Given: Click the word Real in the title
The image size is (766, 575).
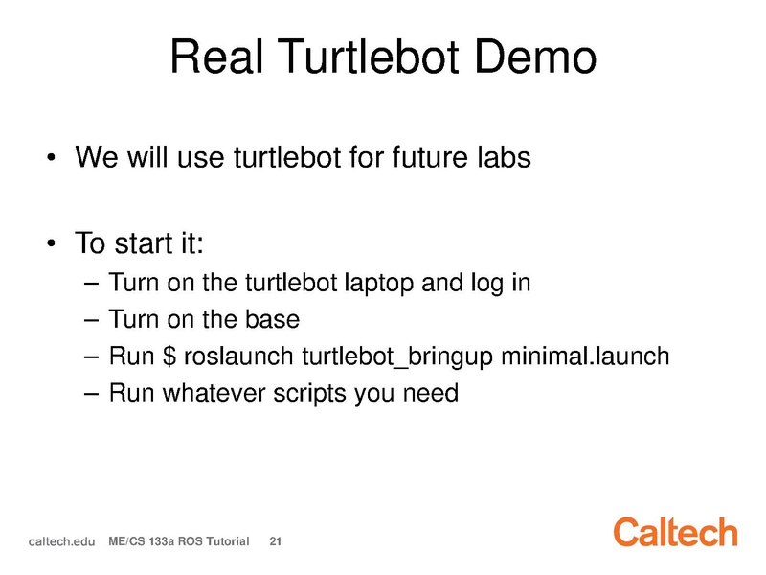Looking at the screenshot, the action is [x=217, y=57].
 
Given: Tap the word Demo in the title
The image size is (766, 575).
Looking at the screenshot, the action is [x=535, y=57].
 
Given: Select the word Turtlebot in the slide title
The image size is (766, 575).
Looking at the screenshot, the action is [x=370, y=57].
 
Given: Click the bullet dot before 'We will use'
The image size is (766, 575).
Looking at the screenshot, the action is [x=51, y=157].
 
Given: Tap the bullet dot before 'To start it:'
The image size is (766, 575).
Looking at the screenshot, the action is [x=51, y=243].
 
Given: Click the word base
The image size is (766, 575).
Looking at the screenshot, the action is [x=272, y=319].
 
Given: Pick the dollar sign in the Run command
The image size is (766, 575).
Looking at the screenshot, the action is [x=169, y=356].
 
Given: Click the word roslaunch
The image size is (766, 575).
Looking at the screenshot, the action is [x=238, y=356].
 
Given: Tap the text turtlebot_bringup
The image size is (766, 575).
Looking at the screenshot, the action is [x=397, y=356].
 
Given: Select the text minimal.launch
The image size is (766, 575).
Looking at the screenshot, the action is [x=585, y=356].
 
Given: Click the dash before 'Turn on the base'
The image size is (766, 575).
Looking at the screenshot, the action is [x=91, y=320].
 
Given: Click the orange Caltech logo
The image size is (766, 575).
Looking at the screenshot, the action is [x=676, y=532].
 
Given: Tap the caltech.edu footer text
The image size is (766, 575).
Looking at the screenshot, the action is [x=61, y=541].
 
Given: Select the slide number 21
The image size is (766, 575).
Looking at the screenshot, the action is [x=276, y=541].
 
